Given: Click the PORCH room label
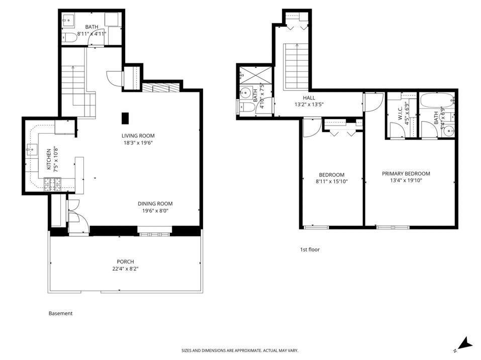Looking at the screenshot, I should click(125, 261).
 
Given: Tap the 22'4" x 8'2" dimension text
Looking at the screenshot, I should click(125, 269).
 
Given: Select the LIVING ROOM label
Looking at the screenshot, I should click(138, 136).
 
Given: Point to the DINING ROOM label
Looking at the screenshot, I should click(155, 203).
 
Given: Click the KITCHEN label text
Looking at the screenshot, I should click(49, 160).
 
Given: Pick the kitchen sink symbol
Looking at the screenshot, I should click(32, 149).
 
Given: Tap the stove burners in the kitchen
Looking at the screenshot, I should click(52, 184).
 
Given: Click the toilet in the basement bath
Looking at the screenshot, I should click(69, 37).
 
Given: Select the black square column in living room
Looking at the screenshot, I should click(125, 117).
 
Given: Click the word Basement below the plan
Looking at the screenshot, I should click(60, 313).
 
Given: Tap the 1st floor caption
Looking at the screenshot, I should click(310, 250).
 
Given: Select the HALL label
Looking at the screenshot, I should click(309, 98).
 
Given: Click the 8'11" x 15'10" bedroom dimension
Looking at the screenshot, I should click(331, 181).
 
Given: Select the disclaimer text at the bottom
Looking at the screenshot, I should click(243, 350).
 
